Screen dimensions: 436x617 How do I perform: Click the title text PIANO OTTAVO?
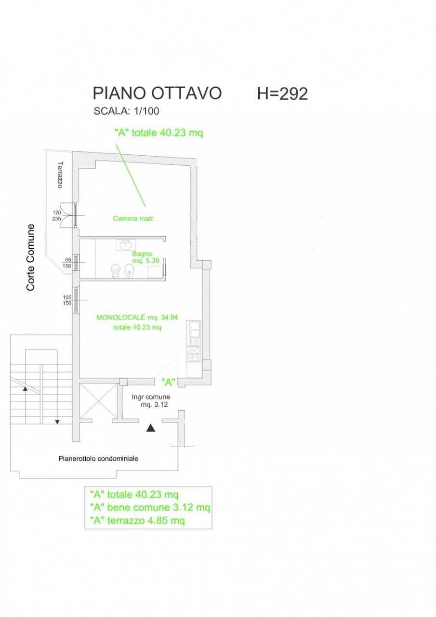pyautogui.click(x=157, y=93)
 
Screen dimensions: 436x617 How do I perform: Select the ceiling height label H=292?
pyautogui.click(x=282, y=94)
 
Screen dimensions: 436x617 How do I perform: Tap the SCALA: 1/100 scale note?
pyautogui.click(x=126, y=111)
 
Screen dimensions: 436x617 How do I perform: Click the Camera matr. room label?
pyautogui.click(x=134, y=218)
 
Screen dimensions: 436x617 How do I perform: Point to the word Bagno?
pyautogui.click(x=142, y=254)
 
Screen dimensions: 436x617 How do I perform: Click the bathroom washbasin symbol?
pyautogui.click(x=126, y=244)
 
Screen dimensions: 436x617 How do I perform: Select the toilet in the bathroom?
pyautogui.click(x=115, y=270)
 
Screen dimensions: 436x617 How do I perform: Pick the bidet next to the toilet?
pyautogui.click(x=129, y=270)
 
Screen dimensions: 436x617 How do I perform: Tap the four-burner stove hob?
pyautogui.click(x=194, y=354)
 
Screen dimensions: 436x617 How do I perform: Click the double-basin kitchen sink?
pyautogui.click(x=194, y=329)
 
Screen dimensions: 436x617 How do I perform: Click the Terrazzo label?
pyautogui.click(x=60, y=174)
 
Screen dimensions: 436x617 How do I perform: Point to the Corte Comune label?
pyautogui.click(x=30, y=257)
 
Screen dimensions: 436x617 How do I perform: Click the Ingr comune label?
pyautogui.click(x=151, y=397)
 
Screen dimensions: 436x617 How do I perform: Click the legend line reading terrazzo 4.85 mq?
pyautogui.click(x=137, y=520)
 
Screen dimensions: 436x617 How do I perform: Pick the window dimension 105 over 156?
pyautogui.click(x=67, y=300)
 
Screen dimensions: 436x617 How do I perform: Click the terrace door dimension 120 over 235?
pyautogui.click(x=57, y=215)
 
